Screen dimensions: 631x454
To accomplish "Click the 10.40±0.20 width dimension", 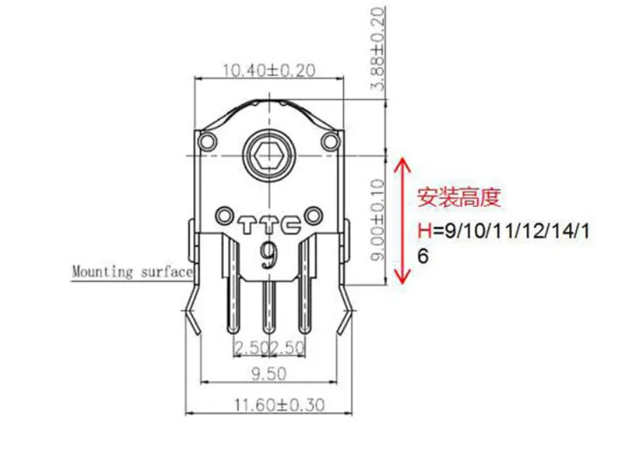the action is [x=269, y=71].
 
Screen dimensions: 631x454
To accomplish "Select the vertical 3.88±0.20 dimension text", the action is [x=378, y=48].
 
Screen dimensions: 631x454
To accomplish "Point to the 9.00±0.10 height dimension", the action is [x=378, y=220].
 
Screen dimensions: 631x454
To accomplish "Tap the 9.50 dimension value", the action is [x=269, y=374].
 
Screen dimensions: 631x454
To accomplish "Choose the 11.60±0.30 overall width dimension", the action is [x=279, y=405].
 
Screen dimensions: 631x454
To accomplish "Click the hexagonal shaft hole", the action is [x=269, y=155].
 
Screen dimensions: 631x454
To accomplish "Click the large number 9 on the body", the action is [x=269, y=256].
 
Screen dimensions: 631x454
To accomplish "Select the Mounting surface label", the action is [x=132, y=272].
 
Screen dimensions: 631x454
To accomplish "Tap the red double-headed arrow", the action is [x=402, y=221].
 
